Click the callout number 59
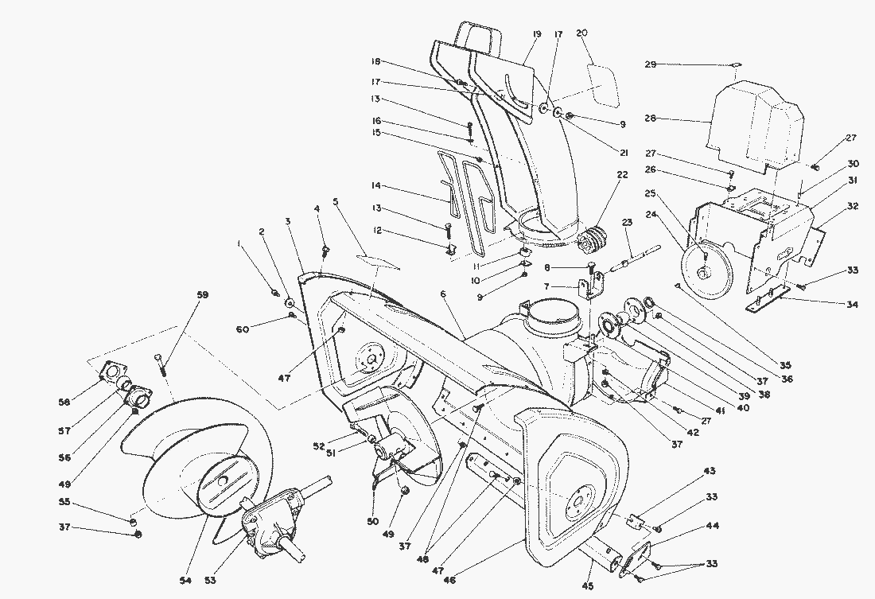[202, 295]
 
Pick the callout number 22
[621, 175]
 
